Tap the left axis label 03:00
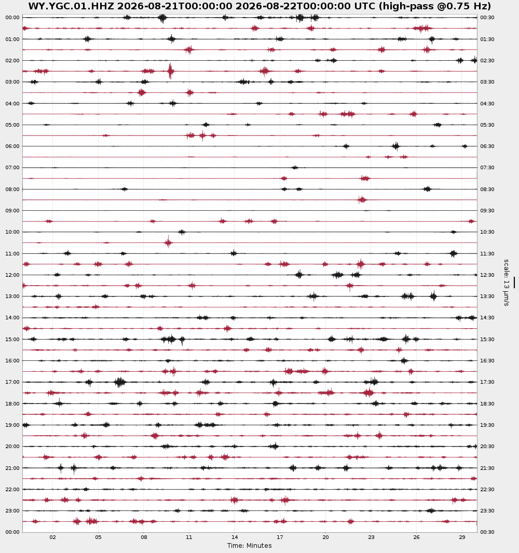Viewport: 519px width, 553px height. [12, 82]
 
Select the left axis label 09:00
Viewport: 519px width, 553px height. [12, 210]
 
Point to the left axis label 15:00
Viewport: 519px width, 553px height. [12, 339]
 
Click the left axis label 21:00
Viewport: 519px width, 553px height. [12, 468]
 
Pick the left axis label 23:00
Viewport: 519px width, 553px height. [12, 510]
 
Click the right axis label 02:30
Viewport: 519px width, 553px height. [487, 61]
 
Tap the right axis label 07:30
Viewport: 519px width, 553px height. [487, 168]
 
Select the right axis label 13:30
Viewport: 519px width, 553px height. [487, 296]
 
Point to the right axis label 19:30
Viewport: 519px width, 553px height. [487, 425]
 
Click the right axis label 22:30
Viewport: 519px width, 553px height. [487, 490]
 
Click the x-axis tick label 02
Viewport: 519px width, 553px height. [53, 537]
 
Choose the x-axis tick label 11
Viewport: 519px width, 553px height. [189, 537]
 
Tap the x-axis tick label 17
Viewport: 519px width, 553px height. [280, 537]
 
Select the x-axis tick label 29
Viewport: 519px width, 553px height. [462, 537]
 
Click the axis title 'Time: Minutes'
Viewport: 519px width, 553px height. [249, 546]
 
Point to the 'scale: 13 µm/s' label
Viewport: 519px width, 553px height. [507, 282]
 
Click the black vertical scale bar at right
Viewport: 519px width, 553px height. [514, 282]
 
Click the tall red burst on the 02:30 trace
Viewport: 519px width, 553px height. [170, 71]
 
